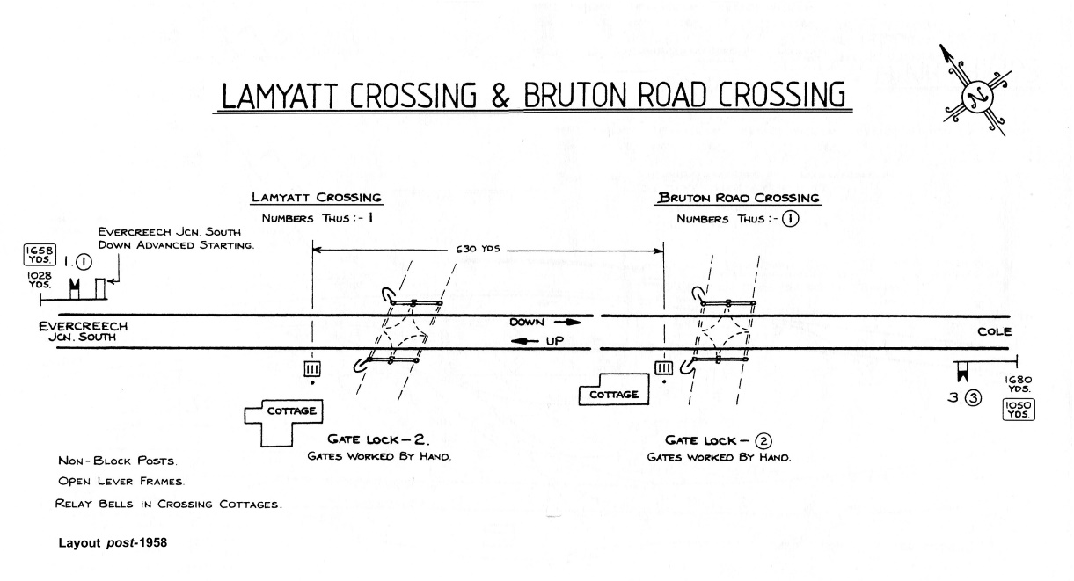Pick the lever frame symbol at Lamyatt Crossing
pyautogui.click(x=313, y=368)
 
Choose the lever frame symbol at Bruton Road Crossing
pyautogui.click(x=664, y=368)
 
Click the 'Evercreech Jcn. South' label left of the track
pyautogui.click(x=84, y=331)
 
